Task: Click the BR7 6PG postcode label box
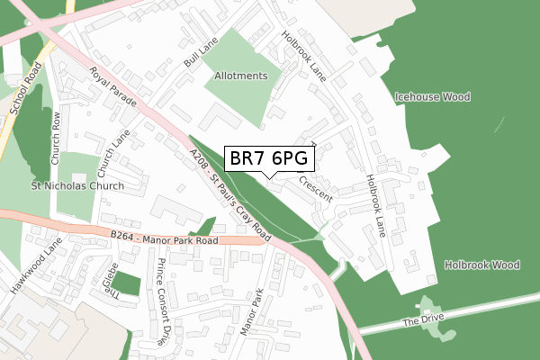click(x=269, y=158)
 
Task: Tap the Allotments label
click(x=240, y=76)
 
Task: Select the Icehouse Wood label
click(x=432, y=96)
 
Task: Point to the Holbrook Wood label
click(x=482, y=265)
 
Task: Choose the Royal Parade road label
click(x=112, y=88)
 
